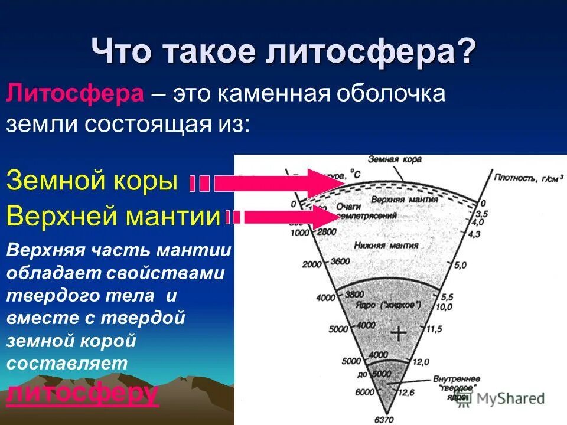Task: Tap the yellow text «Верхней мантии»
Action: (x=112, y=217)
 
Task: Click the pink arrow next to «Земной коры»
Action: (x=278, y=184)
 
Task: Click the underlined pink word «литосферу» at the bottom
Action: (x=82, y=393)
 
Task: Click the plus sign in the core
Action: (x=399, y=334)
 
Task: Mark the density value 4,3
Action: (x=474, y=234)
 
